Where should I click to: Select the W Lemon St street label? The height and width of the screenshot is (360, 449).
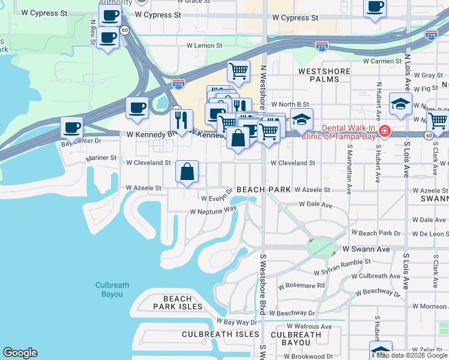[204, 45]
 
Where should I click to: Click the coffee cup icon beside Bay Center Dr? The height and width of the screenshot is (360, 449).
[72, 127]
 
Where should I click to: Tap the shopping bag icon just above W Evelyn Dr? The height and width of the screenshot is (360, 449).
[187, 172]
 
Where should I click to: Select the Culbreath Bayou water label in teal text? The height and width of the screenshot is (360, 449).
[109, 290]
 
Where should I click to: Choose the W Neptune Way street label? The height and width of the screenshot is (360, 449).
[213, 211]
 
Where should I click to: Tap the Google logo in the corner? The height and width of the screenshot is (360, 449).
[20, 353]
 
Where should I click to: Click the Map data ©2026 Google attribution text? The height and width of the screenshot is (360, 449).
[412, 355]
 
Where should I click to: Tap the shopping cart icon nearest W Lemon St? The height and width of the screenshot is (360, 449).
[238, 71]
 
